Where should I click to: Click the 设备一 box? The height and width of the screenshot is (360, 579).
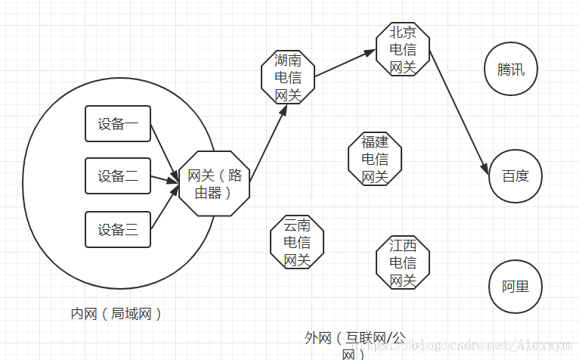[118, 125]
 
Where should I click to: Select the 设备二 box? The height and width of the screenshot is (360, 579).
[118, 176]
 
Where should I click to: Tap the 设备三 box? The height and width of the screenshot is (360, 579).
[118, 229]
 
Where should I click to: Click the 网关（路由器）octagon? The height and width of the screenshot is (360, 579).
[214, 183]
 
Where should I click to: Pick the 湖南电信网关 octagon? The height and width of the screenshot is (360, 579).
[287, 78]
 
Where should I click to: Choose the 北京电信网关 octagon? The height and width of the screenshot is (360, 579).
[403, 50]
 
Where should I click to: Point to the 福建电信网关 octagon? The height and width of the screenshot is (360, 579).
[374, 159]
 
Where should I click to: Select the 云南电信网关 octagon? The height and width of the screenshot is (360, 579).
[296, 242]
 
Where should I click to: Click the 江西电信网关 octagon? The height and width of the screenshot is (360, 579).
[402, 262]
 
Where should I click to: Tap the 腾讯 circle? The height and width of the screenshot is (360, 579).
[510, 70]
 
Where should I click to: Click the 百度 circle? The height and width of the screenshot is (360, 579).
[516, 176]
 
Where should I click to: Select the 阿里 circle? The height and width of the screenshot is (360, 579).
[516, 287]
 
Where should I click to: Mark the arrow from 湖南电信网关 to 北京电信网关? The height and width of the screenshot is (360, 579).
[345, 64]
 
